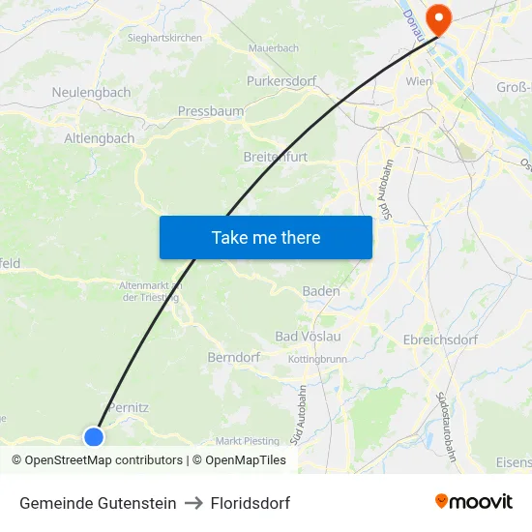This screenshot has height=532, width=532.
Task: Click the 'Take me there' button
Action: pyautogui.click(x=266, y=237)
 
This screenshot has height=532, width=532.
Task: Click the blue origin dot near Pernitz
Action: pyautogui.click(x=94, y=436)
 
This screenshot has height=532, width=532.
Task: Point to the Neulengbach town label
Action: pyautogui.click(x=91, y=93)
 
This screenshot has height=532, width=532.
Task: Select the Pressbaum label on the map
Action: pyautogui.click(x=210, y=111)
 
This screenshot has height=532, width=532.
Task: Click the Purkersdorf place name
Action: pyautogui.click(x=281, y=81)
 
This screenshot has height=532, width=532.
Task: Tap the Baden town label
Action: pyautogui.click(x=321, y=290)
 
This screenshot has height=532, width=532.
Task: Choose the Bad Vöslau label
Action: pyautogui.click(x=309, y=336)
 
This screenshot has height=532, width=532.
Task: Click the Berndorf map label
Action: pyautogui.click(x=233, y=357)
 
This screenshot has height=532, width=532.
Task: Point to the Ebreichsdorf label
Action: pyautogui.click(x=441, y=340)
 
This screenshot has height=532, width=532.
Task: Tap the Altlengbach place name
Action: pyautogui.click(x=100, y=138)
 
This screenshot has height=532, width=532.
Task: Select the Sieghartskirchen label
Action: pyautogui.click(x=164, y=38)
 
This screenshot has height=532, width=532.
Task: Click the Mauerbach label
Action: pyautogui.click(x=274, y=47)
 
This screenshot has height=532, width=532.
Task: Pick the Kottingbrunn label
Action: pyautogui.click(x=317, y=359)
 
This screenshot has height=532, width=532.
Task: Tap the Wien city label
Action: pyautogui.click(x=419, y=82)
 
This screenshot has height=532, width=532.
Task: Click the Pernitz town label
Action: pyautogui.click(x=129, y=407)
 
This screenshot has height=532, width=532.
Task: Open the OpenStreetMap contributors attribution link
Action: pyautogui.click(x=103, y=460)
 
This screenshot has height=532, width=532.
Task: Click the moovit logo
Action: pyautogui.click(x=474, y=501)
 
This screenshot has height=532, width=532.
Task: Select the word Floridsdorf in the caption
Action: pyautogui.click(x=251, y=503)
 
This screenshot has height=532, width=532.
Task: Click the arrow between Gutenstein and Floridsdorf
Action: pyautogui.click(x=193, y=503)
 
